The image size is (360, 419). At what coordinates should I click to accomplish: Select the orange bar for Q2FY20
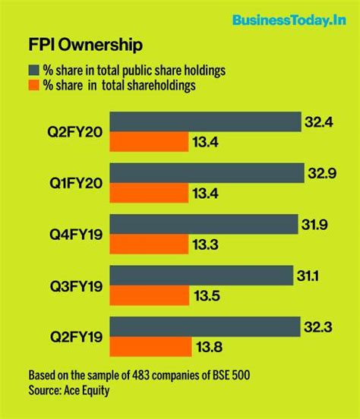point(149,142)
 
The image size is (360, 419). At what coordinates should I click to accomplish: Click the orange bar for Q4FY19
point(149,244)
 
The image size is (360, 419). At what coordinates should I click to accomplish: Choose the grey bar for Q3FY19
point(201,276)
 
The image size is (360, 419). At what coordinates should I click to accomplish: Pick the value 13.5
point(210,296)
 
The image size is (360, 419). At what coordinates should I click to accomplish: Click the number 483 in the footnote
point(134,376)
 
